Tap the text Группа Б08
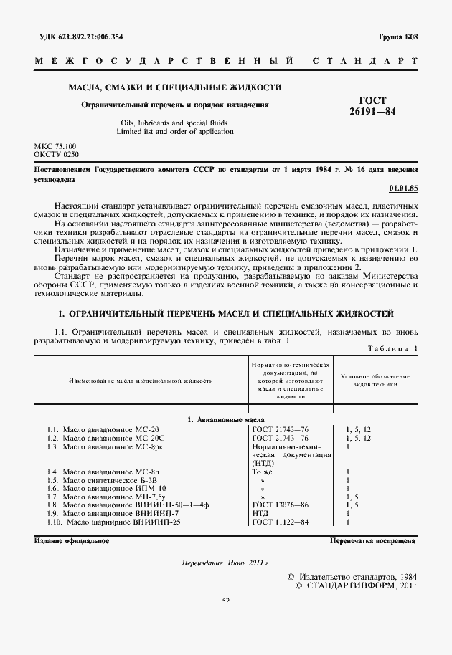click(x=397, y=36)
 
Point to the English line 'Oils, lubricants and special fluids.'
click(x=175, y=123)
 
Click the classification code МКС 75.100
click(x=55, y=146)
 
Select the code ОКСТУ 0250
click(x=57, y=154)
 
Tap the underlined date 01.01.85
click(x=402, y=188)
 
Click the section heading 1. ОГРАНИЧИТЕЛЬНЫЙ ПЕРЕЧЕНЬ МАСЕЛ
click(x=225, y=314)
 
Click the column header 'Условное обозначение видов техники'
click(x=375, y=380)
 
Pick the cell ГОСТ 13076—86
click(x=281, y=504)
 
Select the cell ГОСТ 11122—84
click(x=281, y=522)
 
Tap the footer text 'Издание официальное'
click(x=72, y=541)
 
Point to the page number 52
click(x=225, y=621)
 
